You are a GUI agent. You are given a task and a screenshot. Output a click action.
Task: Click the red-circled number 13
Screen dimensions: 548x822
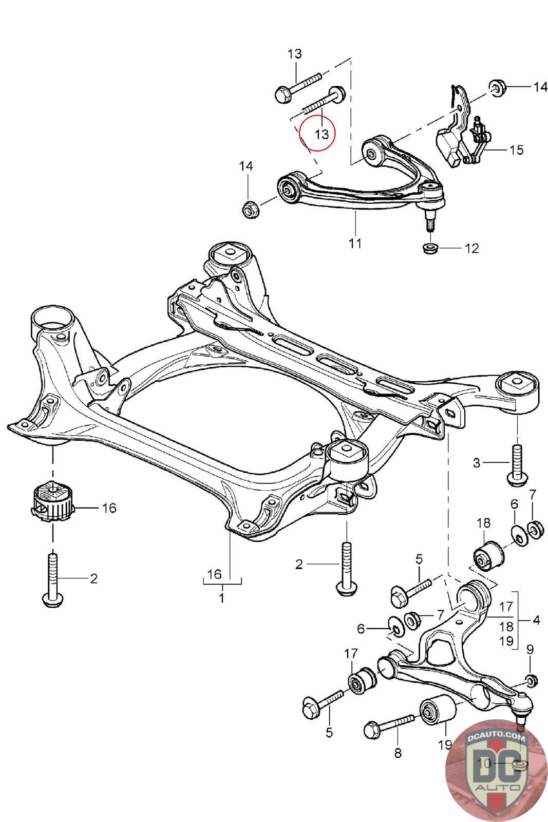click(322, 134)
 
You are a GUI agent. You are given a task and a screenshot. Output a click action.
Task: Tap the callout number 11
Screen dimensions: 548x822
click(355, 243)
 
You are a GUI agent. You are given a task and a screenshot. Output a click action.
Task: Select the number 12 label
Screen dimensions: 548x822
click(471, 249)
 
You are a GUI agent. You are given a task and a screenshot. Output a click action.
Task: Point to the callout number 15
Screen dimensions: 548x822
click(516, 150)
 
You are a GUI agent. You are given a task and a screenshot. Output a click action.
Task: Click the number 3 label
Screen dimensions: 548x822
click(476, 463)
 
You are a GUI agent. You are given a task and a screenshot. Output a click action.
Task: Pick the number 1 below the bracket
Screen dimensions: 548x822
click(221, 598)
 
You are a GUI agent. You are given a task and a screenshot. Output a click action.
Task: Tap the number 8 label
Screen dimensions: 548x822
click(398, 753)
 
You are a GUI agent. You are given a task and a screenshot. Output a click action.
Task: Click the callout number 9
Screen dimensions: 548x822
click(530, 649)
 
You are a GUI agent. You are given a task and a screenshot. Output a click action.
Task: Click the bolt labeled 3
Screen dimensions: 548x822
click(517, 464)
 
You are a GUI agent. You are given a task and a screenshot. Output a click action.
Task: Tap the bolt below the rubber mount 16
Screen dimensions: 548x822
click(53, 580)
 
